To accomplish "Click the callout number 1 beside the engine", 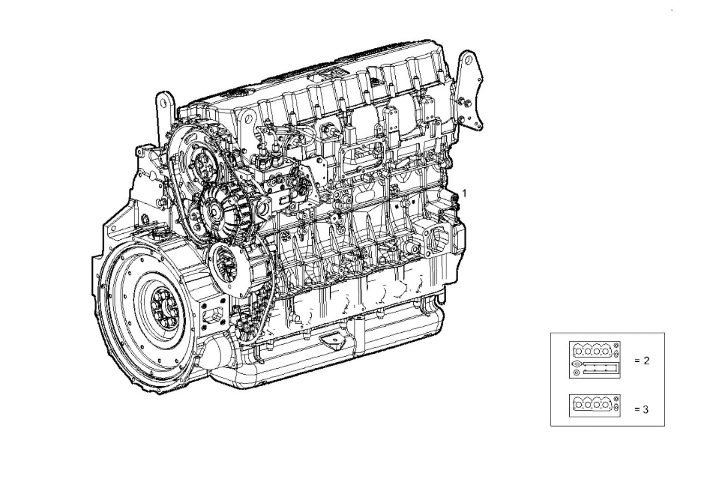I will coord(465,193).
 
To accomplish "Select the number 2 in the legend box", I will coord(646,361).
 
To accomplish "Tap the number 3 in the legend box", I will coord(646,409).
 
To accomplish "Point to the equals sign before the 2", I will coord(637,361).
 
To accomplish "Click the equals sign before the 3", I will coord(637,409).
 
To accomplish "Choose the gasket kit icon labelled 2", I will coord(594,360).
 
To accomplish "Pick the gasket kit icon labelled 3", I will coord(594,406).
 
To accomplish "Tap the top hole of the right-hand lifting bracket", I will coord(468,59).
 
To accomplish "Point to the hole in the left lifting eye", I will coord(164,102).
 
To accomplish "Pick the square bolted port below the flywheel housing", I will coord(214,315).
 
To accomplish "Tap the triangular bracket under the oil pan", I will coord(332,341).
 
